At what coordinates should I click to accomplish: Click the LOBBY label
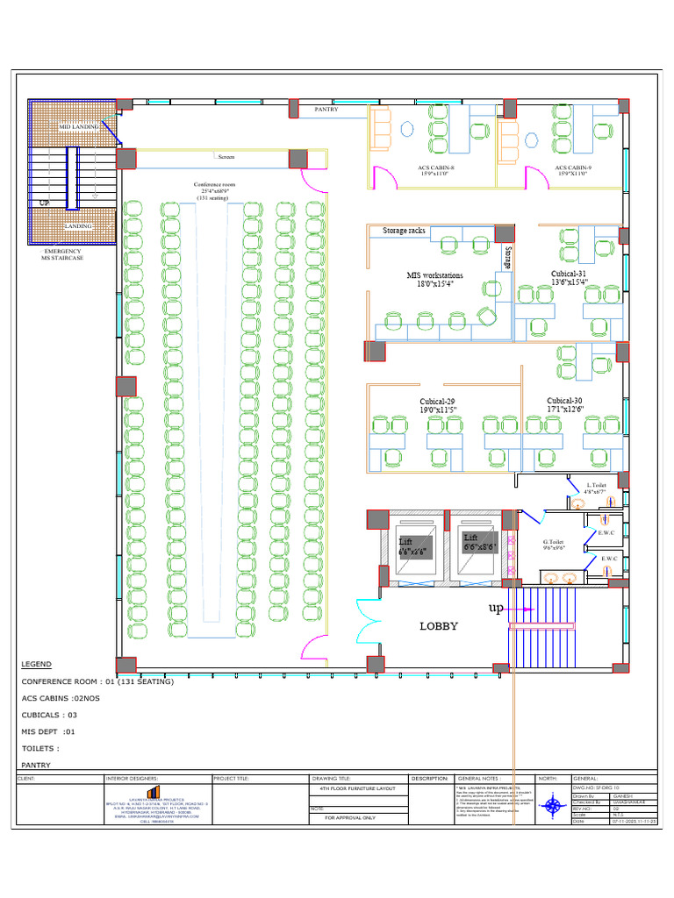coord(439,626)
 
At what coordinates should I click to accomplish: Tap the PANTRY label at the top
coord(326,110)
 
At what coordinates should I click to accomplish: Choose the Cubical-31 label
coord(569,278)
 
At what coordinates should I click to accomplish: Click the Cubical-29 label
coord(437,405)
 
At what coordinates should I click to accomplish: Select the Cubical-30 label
coord(564,404)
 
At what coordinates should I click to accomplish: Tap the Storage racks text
coord(404,231)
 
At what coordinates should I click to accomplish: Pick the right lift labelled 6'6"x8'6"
coord(480,542)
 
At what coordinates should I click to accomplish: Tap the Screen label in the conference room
coord(226,157)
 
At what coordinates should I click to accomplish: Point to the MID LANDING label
coord(79,127)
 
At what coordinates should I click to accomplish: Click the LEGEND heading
coord(37,665)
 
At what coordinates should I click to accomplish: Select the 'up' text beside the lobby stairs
coord(496,608)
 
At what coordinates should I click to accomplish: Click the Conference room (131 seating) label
coord(215,191)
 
